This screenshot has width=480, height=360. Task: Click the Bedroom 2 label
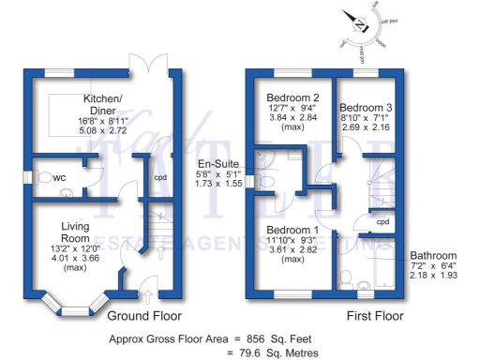click(x=292, y=97)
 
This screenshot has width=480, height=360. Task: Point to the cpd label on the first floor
click(x=382, y=222)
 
